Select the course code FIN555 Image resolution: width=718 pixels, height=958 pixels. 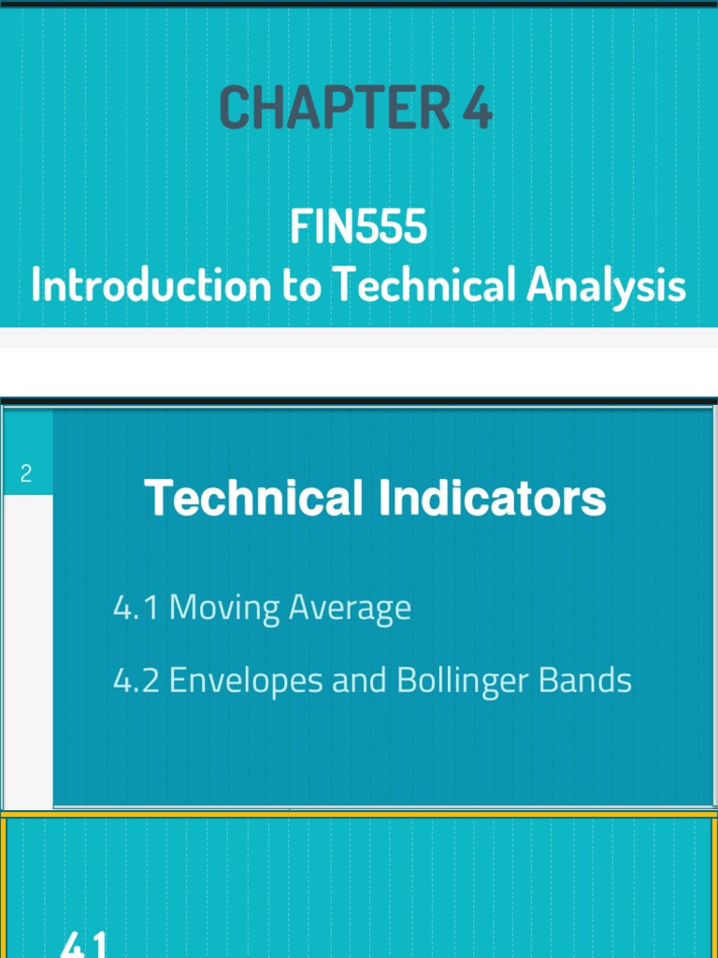point(358,227)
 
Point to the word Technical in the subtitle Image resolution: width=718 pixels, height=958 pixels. point(425,284)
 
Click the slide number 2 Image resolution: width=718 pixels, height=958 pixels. point(26,473)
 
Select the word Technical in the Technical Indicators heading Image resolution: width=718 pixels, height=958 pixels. point(253,498)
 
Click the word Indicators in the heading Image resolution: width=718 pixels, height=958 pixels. point(492,498)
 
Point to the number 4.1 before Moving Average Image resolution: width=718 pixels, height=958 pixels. point(135,608)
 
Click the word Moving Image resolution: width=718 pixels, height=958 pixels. point(224,609)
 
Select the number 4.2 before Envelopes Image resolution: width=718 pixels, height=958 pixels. point(136,680)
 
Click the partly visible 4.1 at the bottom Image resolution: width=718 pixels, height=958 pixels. point(84,945)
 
